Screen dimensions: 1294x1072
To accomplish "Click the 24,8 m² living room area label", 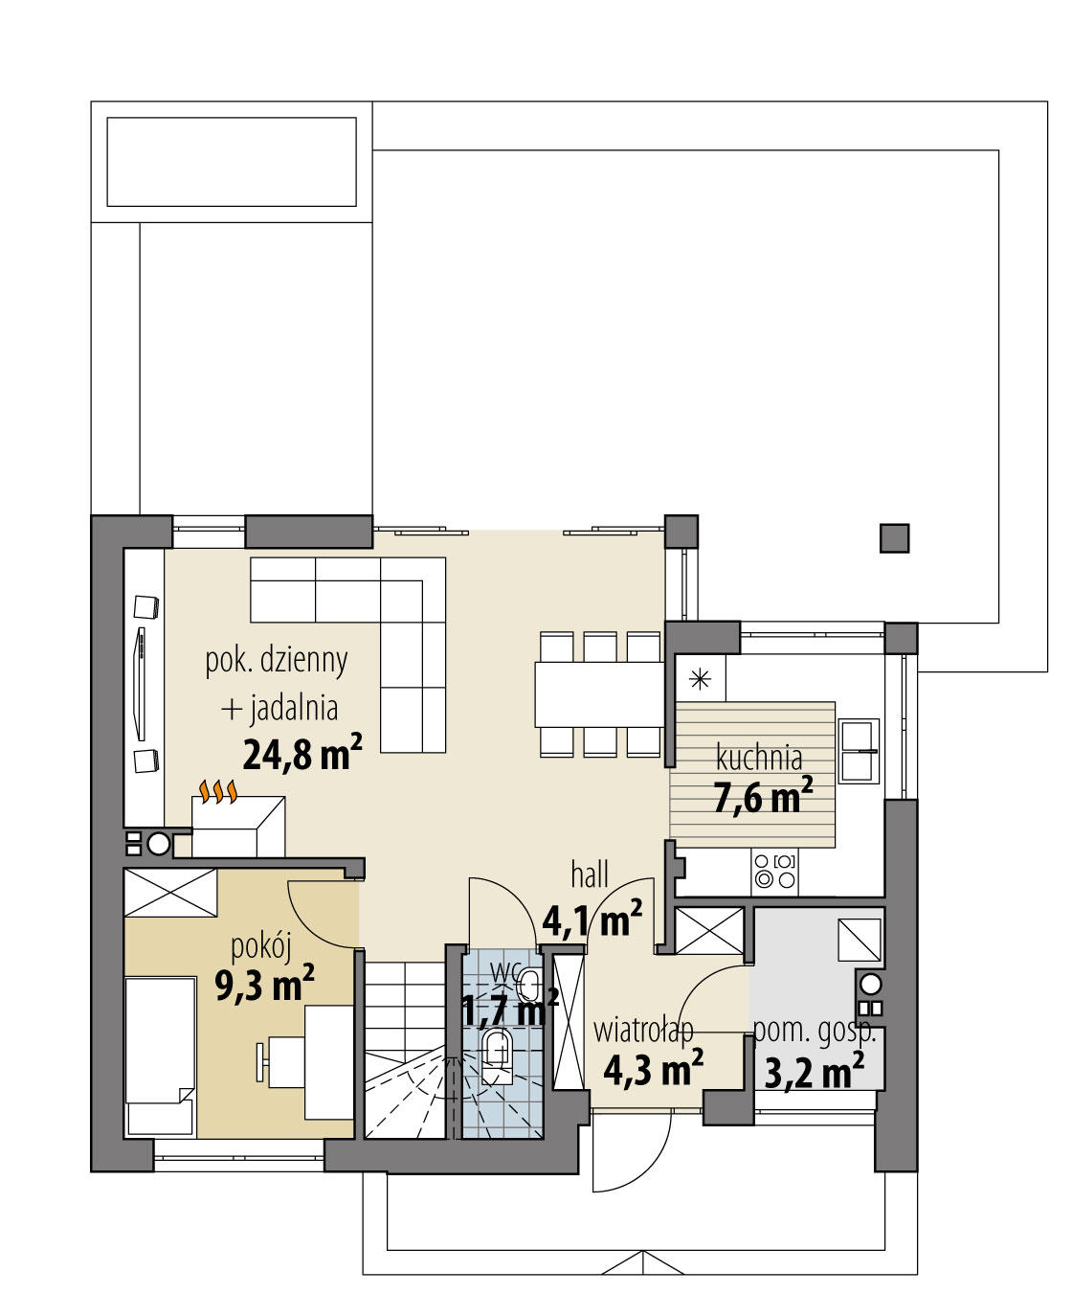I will point(302,754).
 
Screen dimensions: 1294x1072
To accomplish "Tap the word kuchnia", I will point(759,758).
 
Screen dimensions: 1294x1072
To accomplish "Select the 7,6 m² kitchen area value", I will point(763,796).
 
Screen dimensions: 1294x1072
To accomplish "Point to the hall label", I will point(590,874).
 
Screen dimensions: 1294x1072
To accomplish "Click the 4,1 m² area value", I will point(592,919).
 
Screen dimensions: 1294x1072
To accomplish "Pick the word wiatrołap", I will point(643,1031).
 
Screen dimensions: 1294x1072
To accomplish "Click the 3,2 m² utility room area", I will point(815,1071).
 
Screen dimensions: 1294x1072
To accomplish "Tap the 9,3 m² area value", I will point(264,984).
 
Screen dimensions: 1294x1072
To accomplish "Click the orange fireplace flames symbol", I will point(217,790).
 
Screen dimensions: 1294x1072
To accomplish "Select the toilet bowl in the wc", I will point(496,1051).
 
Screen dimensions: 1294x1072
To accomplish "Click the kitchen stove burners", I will point(774,870).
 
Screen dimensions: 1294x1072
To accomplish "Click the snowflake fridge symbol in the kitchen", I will point(701,680).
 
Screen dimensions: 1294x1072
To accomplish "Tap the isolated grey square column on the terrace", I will point(894,538).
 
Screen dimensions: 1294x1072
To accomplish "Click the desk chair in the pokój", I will point(263,1061).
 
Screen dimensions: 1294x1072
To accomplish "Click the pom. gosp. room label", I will point(815,1032).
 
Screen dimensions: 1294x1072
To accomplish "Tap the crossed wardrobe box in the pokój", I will point(171,892).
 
